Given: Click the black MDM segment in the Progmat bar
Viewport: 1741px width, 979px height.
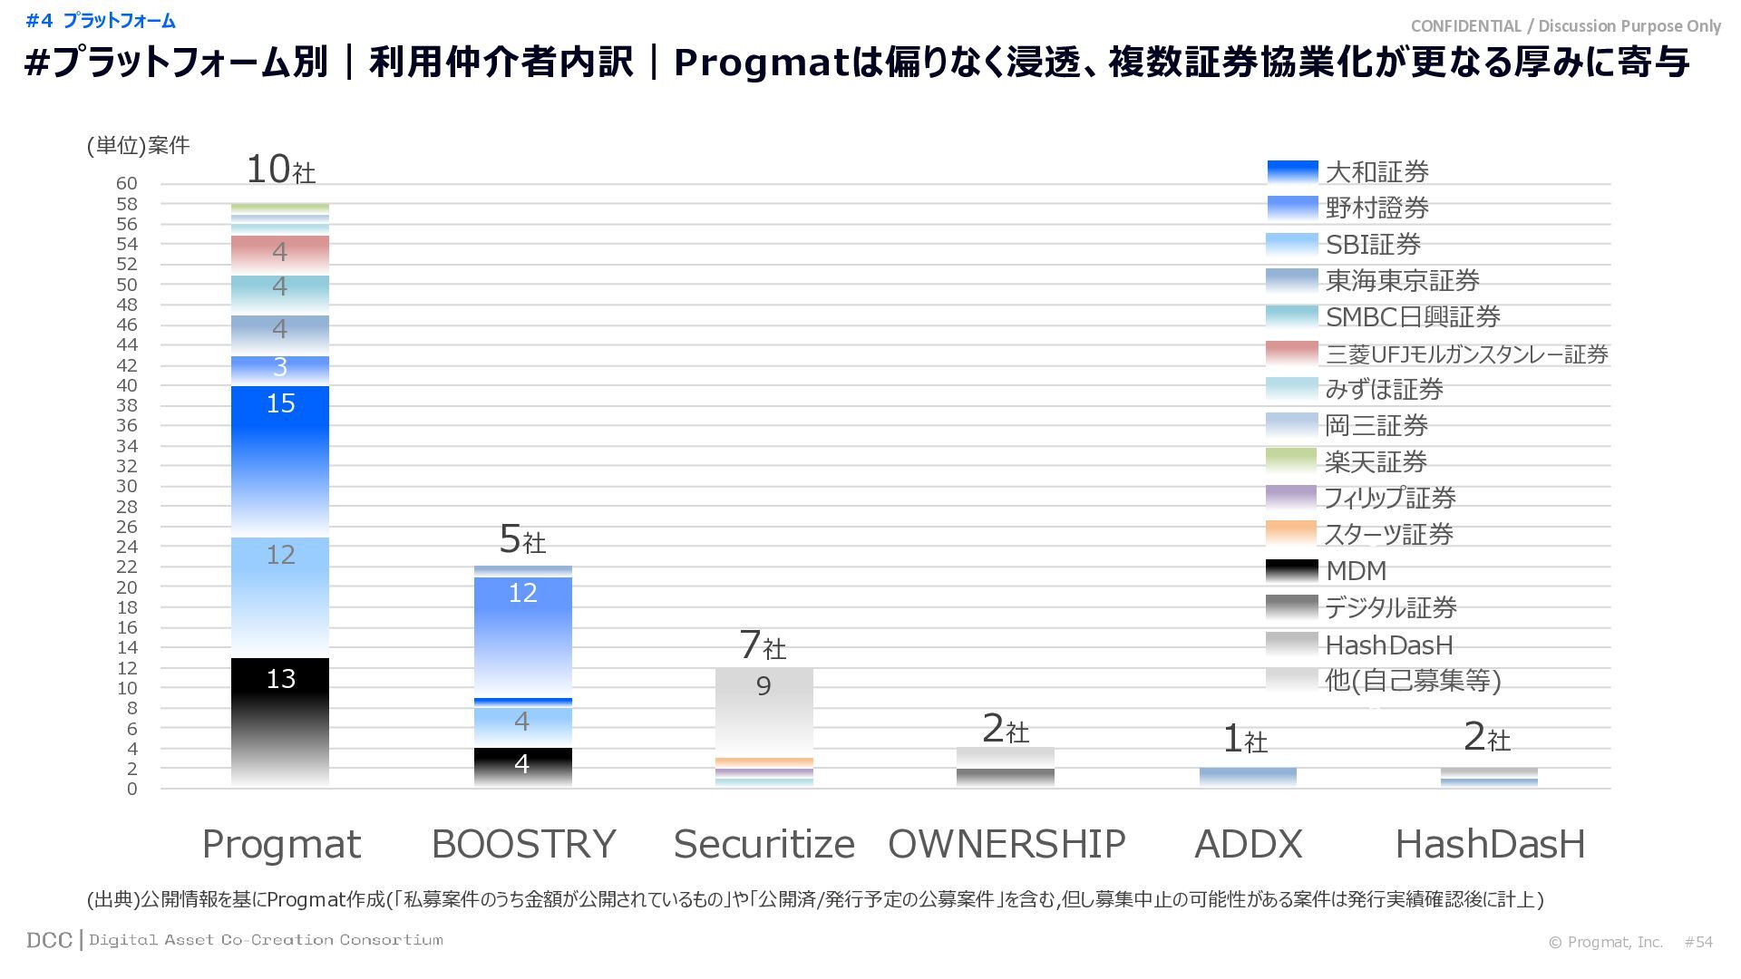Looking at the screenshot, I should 280,716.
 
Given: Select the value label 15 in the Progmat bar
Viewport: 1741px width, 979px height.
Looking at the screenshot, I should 280,403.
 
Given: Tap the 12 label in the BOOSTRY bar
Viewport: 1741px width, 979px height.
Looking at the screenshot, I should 522,593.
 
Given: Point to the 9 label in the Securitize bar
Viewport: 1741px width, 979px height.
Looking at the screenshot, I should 764,686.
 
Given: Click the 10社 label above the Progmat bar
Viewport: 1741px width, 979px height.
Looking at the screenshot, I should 280,170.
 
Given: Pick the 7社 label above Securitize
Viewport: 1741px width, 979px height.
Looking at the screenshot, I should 763,645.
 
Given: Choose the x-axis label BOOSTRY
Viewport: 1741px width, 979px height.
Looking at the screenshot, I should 523,844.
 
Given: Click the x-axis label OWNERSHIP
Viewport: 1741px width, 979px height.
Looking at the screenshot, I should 1007,844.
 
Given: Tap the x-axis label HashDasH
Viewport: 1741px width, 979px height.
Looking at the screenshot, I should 1490,844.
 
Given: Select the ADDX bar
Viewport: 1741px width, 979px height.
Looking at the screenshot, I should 1248,777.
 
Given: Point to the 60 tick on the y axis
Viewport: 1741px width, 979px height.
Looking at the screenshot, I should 126,183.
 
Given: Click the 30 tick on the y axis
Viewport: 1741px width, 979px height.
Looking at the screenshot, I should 126,486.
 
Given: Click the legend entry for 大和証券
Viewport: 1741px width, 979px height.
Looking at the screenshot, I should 1376,171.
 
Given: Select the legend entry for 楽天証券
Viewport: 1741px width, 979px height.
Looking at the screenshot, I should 1376,461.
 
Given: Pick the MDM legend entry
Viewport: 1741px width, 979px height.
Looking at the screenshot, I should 1356,570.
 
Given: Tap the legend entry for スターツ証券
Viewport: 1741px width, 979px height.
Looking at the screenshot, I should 1388,534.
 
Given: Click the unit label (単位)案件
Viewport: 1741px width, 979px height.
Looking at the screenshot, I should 138,145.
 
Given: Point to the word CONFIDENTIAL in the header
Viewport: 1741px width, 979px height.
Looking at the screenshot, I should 1465,26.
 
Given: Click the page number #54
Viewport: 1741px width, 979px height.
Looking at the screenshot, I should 1698,942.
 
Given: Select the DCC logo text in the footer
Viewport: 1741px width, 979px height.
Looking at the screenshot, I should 49,940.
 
